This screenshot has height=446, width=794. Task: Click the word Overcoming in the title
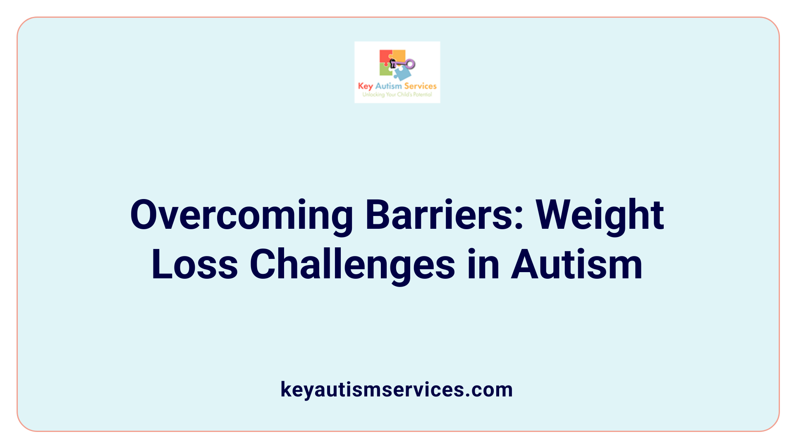pos(242,216)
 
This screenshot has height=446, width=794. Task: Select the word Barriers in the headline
pos(438,215)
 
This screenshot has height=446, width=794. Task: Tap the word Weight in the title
pos(600,216)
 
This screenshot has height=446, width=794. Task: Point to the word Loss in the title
pos(195,264)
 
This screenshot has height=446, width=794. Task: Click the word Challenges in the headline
pos(352,265)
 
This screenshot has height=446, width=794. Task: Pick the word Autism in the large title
pos(577,264)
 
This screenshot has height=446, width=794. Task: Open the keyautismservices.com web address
pos(397,389)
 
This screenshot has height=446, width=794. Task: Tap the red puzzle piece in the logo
pos(385,57)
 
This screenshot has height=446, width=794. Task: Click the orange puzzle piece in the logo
pos(399,55)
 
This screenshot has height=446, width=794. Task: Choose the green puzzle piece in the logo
pos(385,70)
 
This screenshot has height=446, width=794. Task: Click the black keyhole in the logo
pos(393,63)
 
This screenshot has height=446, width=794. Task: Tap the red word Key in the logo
pos(365,86)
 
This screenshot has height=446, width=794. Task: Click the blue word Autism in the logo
pos(388,86)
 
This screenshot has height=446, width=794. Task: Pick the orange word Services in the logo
pos(420,86)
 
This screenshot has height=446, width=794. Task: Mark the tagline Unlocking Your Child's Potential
pos(397,95)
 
